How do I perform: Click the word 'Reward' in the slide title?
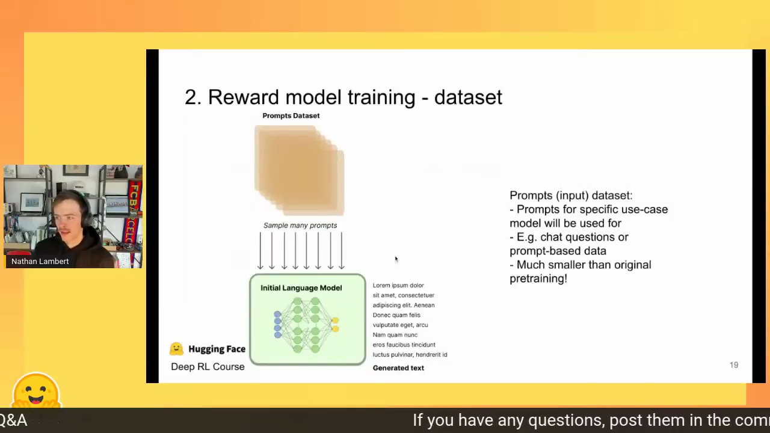click(244, 97)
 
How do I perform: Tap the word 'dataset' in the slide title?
click(468, 97)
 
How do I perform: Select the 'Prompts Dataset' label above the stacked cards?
click(291, 116)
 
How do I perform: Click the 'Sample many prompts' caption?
click(300, 226)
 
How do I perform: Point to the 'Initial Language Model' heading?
click(301, 288)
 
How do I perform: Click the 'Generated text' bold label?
click(398, 368)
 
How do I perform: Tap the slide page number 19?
click(734, 365)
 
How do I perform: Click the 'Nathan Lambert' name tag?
click(40, 262)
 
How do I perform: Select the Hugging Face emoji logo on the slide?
click(176, 349)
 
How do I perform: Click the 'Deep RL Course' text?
click(208, 367)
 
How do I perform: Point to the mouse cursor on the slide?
click(396, 259)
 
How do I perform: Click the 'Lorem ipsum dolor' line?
click(398, 285)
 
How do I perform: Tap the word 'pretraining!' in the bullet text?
click(538, 278)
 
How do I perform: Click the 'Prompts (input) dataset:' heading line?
click(571, 195)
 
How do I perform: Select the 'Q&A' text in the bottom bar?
click(13, 420)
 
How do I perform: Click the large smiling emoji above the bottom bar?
click(36, 390)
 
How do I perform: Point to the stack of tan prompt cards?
click(299, 170)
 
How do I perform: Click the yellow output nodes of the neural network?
click(335, 325)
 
